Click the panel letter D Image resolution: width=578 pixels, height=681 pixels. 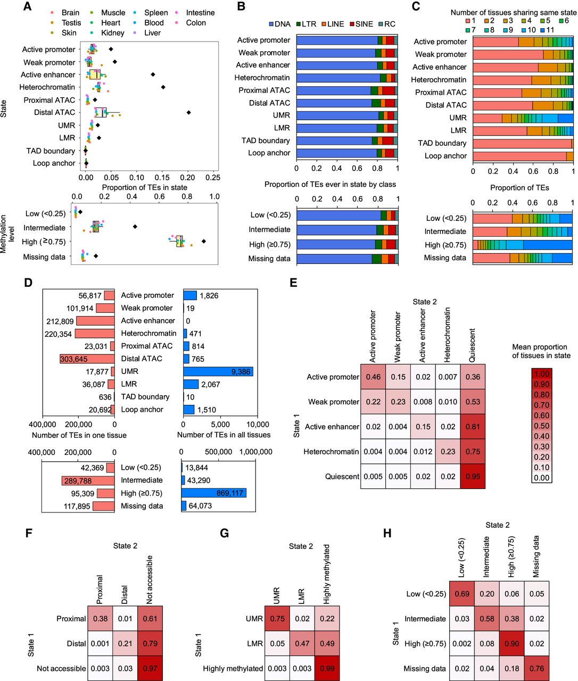point(29,283)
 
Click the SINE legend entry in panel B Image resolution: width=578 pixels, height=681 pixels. point(364,24)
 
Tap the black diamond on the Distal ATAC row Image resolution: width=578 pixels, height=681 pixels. point(188,112)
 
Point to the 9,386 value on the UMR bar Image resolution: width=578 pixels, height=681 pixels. point(240,371)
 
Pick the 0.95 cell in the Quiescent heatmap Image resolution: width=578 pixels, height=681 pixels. point(473,477)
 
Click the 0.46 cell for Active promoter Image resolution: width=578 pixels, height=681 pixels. point(373,377)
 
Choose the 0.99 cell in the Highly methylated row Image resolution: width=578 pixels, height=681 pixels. point(327,668)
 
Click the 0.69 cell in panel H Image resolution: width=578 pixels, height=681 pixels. point(462,594)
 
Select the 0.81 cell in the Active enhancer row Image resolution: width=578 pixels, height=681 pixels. point(473,427)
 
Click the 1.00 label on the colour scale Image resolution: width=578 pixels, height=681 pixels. point(541,373)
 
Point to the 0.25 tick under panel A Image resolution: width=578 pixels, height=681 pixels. point(212,178)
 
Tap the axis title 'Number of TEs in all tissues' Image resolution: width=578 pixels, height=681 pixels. point(224,435)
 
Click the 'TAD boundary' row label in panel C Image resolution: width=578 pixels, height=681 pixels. point(442,143)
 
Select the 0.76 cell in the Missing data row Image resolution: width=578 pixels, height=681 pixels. point(536,668)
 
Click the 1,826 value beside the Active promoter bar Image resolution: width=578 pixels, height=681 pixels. point(209,296)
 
